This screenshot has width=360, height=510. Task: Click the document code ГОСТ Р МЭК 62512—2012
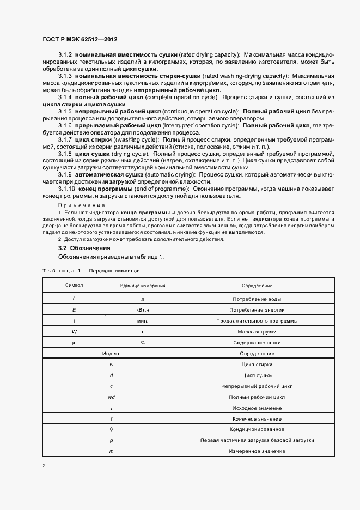[x=80, y=40]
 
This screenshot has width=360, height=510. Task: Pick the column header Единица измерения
[x=143, y=286]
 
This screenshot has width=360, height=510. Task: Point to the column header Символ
[x=74, y=286]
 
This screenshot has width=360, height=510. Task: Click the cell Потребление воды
[x=257, y=299]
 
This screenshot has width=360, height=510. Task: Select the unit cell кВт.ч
[x=143, y=310]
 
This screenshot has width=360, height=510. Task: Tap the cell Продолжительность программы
[x=257, y=321]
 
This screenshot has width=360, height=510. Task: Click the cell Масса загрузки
[x=257, y=332]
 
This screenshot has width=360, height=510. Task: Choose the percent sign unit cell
[x=143, y=343]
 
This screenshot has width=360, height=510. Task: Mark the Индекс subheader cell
[x=111, y=354]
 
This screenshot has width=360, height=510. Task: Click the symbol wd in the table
[x=111, y=397]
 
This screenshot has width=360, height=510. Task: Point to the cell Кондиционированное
[x=257, y=430]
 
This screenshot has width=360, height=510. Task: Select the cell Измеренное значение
[x=257, y=452]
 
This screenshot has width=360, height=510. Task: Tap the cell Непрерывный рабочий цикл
[x=257, y=386]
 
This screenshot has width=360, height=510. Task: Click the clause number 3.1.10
[x=68, y=188]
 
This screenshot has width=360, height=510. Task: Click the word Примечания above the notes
[x=75, y=203]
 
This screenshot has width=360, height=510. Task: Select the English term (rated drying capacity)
[x=209, y=56]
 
